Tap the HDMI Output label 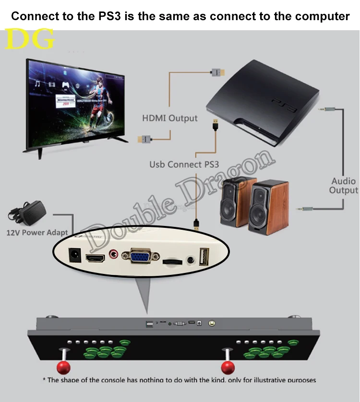click(x=169, y=118)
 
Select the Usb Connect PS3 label click(x=184, y=165)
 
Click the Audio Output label click(x=343, y=186)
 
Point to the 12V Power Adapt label click(x=37, y=233)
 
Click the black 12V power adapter click(x=29, y=212)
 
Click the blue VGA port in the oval click(x=140, y=257)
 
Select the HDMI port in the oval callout click(x=96, y=258)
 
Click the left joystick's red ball click(x=62, y=368)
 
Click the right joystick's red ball click(x=227, y=368)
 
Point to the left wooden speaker click(x=233, y=201)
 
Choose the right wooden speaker click(x=269, y=206)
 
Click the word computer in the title click(x=322, y=16)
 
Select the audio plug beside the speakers click(x=303, y=209)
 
